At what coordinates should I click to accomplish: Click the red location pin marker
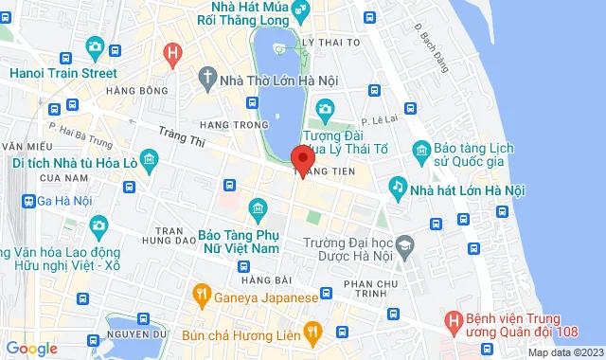[x=302, y=160]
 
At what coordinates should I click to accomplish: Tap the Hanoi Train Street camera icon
[x=95, y=45]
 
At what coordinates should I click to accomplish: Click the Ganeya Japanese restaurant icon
[x=201, y=296]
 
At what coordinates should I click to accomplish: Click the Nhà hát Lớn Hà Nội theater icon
[x=397, y=189]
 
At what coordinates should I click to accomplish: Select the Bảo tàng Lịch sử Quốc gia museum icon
[x=421, y=151]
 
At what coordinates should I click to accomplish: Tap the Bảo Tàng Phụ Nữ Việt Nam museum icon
[x=257, y=208]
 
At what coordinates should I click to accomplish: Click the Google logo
[x=30, y=348]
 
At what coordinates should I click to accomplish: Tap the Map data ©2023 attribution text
[x=565, y=353]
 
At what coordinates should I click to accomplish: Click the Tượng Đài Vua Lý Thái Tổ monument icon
[x=325, y=111]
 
